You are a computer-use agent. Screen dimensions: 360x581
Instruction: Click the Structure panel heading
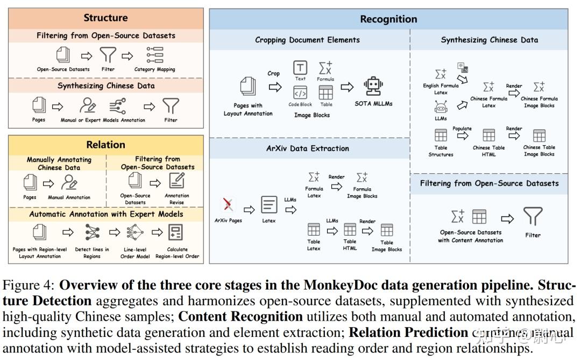coord(105,17)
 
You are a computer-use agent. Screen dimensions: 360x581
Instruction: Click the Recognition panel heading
coord(388,19)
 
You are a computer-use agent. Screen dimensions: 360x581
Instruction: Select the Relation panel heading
coord(105,145)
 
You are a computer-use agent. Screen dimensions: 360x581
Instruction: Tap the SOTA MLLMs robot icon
coord(373,86)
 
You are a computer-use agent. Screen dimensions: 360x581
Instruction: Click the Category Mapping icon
coord(154,55)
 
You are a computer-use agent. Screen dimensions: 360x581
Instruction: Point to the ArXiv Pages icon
coord(228,204)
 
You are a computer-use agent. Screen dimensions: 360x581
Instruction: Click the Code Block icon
coord(300,91)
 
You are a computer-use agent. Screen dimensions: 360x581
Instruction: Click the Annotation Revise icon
coord(176,181)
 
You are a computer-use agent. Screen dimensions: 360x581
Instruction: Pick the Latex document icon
coord(269,205)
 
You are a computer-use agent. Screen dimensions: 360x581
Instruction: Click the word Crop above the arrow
coord(273,74)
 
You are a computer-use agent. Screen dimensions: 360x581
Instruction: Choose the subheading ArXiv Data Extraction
coord(308,149)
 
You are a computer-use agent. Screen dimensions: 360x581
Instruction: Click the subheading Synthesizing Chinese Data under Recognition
coord(489,40)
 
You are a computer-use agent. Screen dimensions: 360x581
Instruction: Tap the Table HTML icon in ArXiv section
coord(350,230)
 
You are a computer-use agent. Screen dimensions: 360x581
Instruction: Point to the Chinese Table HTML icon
coord(488,135)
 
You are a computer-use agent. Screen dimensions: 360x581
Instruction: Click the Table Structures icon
coord(441,135)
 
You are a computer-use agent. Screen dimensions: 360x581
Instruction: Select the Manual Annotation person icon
coord(69,183)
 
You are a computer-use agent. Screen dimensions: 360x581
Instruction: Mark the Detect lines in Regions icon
coord(92,232)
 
